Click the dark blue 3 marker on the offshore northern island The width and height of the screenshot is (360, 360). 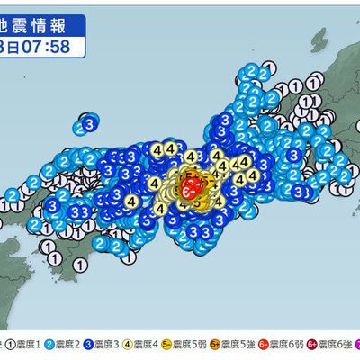coord(89,122)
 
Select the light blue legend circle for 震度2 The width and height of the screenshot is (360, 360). coord(52,343)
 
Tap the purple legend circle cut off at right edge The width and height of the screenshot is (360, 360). coord(356,343)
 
